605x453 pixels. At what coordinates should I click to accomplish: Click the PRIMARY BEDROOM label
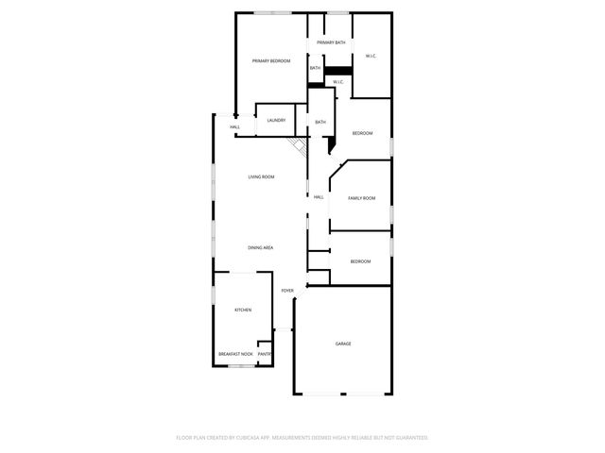[x=271, y=61]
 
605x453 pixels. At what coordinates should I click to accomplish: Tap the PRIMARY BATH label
[x=331, y=42]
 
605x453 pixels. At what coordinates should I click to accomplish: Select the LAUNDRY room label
[x=276, y=120]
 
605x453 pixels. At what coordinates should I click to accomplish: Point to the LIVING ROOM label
[x=261, y=177]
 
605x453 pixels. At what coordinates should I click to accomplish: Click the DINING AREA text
[x=261, y=247]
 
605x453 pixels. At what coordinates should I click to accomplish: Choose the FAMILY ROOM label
[x=362, y=198]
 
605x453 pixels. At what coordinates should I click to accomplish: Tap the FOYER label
[x=287, y=291]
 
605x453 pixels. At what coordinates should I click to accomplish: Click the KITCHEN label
[x=243, y=310]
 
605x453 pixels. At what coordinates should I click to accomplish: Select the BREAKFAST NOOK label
[x=235, y=354]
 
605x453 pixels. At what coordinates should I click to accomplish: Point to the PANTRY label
[x=265, y=354]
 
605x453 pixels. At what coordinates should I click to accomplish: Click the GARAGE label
[x=343, y=344]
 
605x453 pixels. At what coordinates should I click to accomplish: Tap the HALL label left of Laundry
[x=234, y=127]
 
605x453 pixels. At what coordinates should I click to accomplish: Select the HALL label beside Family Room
[x=319, y=196]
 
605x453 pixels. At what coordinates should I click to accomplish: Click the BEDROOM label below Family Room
[x=360, y=261]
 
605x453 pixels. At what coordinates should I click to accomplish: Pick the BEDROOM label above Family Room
[x=363, y=133]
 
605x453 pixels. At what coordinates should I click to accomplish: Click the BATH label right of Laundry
[x=320, y=122]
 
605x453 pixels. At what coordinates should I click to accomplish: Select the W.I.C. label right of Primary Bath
[x=372, y=57]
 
